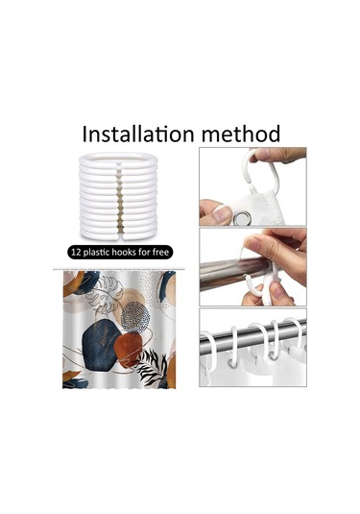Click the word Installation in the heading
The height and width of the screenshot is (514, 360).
tap(138, 134)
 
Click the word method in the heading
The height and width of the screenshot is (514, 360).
tap(240, 134)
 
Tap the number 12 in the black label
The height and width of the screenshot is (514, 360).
tap(76, 252)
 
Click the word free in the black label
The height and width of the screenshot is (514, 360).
tap(160, 252)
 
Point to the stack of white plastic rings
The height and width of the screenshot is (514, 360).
tap(118, 196)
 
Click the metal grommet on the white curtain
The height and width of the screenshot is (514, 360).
tap(243, 217)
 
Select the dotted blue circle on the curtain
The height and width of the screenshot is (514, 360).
tap(135, 317)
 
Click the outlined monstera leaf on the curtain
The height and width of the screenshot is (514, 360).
tap(104, 295)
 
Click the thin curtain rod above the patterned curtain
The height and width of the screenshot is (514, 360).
tap(119, 269)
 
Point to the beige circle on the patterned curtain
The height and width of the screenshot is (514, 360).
tap(131, 300)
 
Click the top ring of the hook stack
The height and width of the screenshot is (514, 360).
tap(118, 159)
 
